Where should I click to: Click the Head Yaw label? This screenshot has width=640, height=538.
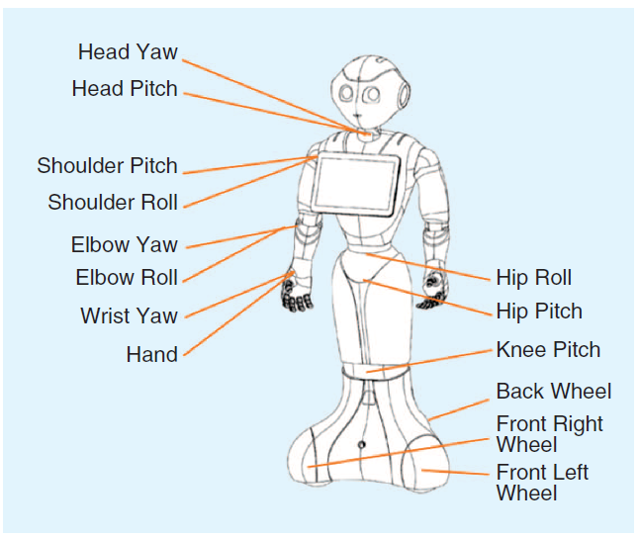tap(128, 51)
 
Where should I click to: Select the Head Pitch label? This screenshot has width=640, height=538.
tap(125, 89)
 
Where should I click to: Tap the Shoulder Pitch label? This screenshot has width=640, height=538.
tap(108, 165)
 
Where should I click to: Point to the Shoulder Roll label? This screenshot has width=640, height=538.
tap(113, 203)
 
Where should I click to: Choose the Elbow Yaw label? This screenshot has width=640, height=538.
tap(124, 244)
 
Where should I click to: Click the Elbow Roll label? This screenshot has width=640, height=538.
tap(127, 277)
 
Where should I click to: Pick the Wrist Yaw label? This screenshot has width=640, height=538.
tap(129, 316)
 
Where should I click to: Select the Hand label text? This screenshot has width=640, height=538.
tap(152, 354)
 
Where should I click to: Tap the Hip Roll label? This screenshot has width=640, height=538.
tap(534, 277)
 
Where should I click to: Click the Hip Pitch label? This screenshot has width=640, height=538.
tap(539, 312)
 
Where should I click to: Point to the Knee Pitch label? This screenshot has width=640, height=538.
tap(548, 350)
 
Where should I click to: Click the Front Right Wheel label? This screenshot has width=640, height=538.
tap(549, 434)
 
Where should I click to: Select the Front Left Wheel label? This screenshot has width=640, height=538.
tap(542, 482)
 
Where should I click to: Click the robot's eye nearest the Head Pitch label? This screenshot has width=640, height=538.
tap(347, 94)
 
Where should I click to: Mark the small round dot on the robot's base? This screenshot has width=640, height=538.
tap(361, 446)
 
